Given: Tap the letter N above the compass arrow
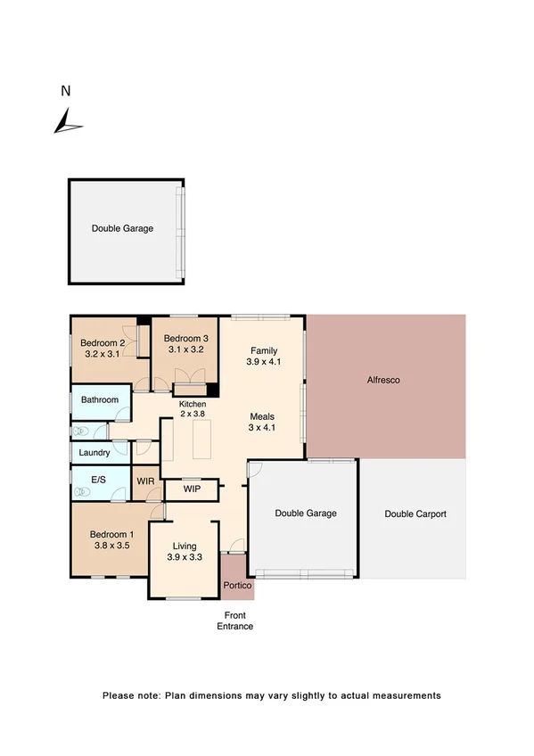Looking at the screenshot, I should [64, 90].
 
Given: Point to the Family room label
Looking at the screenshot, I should [264, 350].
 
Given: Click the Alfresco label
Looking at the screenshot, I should [383, 380].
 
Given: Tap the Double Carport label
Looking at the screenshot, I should [415, 514].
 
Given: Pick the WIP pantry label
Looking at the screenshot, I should [192, 489].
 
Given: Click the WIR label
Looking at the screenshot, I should [146, 481].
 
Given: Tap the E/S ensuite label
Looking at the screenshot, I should [99, 481].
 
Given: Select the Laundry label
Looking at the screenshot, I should [94, 453].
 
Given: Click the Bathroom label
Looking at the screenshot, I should [100, 400].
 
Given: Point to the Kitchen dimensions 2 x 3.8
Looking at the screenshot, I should [193, 414].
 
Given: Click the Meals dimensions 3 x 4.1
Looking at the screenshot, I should [261, 428].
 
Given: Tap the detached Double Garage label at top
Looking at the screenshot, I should [122, 228].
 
